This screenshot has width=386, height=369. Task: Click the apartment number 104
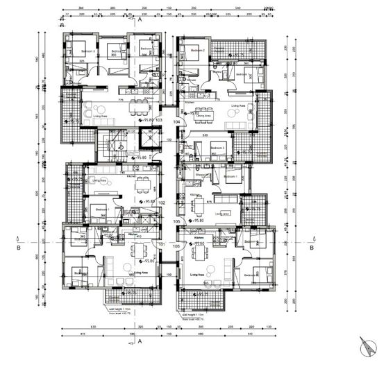point(177,121)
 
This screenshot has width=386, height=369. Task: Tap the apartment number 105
point(178,221)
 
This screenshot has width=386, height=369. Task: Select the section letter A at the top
point(140,21)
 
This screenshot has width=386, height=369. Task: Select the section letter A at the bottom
point(140,342)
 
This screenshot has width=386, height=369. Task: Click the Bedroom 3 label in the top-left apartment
point(88,51)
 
